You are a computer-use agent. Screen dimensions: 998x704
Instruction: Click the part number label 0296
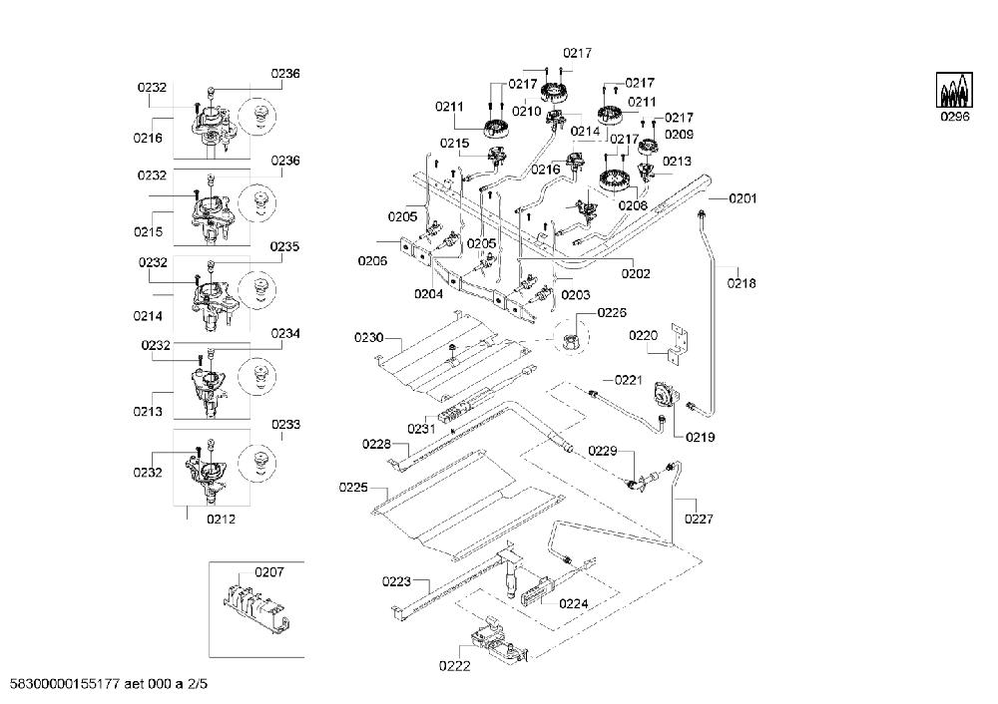click(955, 117)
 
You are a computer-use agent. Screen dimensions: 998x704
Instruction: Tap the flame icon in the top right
click(954, 90)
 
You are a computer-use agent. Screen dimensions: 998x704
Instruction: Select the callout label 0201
click(743, 198)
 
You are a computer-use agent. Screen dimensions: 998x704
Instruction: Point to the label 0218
click(742, 283)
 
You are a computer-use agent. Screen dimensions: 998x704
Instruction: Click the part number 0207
click(269, 572)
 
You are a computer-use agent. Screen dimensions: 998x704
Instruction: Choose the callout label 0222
click(454, 666)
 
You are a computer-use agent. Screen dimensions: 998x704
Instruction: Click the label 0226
click(612, 312)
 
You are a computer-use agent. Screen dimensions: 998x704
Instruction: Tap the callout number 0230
click(369, 338)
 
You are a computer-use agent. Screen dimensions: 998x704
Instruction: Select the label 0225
click(353, 488)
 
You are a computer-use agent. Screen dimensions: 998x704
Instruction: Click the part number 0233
click(285, 424)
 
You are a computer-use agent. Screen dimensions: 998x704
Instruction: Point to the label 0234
click(285, 333)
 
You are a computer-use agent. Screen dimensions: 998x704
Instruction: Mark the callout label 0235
click(284, 246)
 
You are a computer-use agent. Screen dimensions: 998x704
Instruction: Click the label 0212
click(221, 519)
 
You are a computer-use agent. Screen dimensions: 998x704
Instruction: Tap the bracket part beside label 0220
click(678, 343)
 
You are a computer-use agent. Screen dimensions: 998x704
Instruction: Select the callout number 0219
click(701, 437)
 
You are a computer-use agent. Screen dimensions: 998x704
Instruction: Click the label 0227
click(699, 519)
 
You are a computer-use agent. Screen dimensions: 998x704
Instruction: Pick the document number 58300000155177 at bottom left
click(62, 684)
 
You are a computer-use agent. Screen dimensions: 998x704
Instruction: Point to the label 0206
click(372, 260)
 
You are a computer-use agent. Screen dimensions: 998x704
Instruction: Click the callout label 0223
click(396, 581)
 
